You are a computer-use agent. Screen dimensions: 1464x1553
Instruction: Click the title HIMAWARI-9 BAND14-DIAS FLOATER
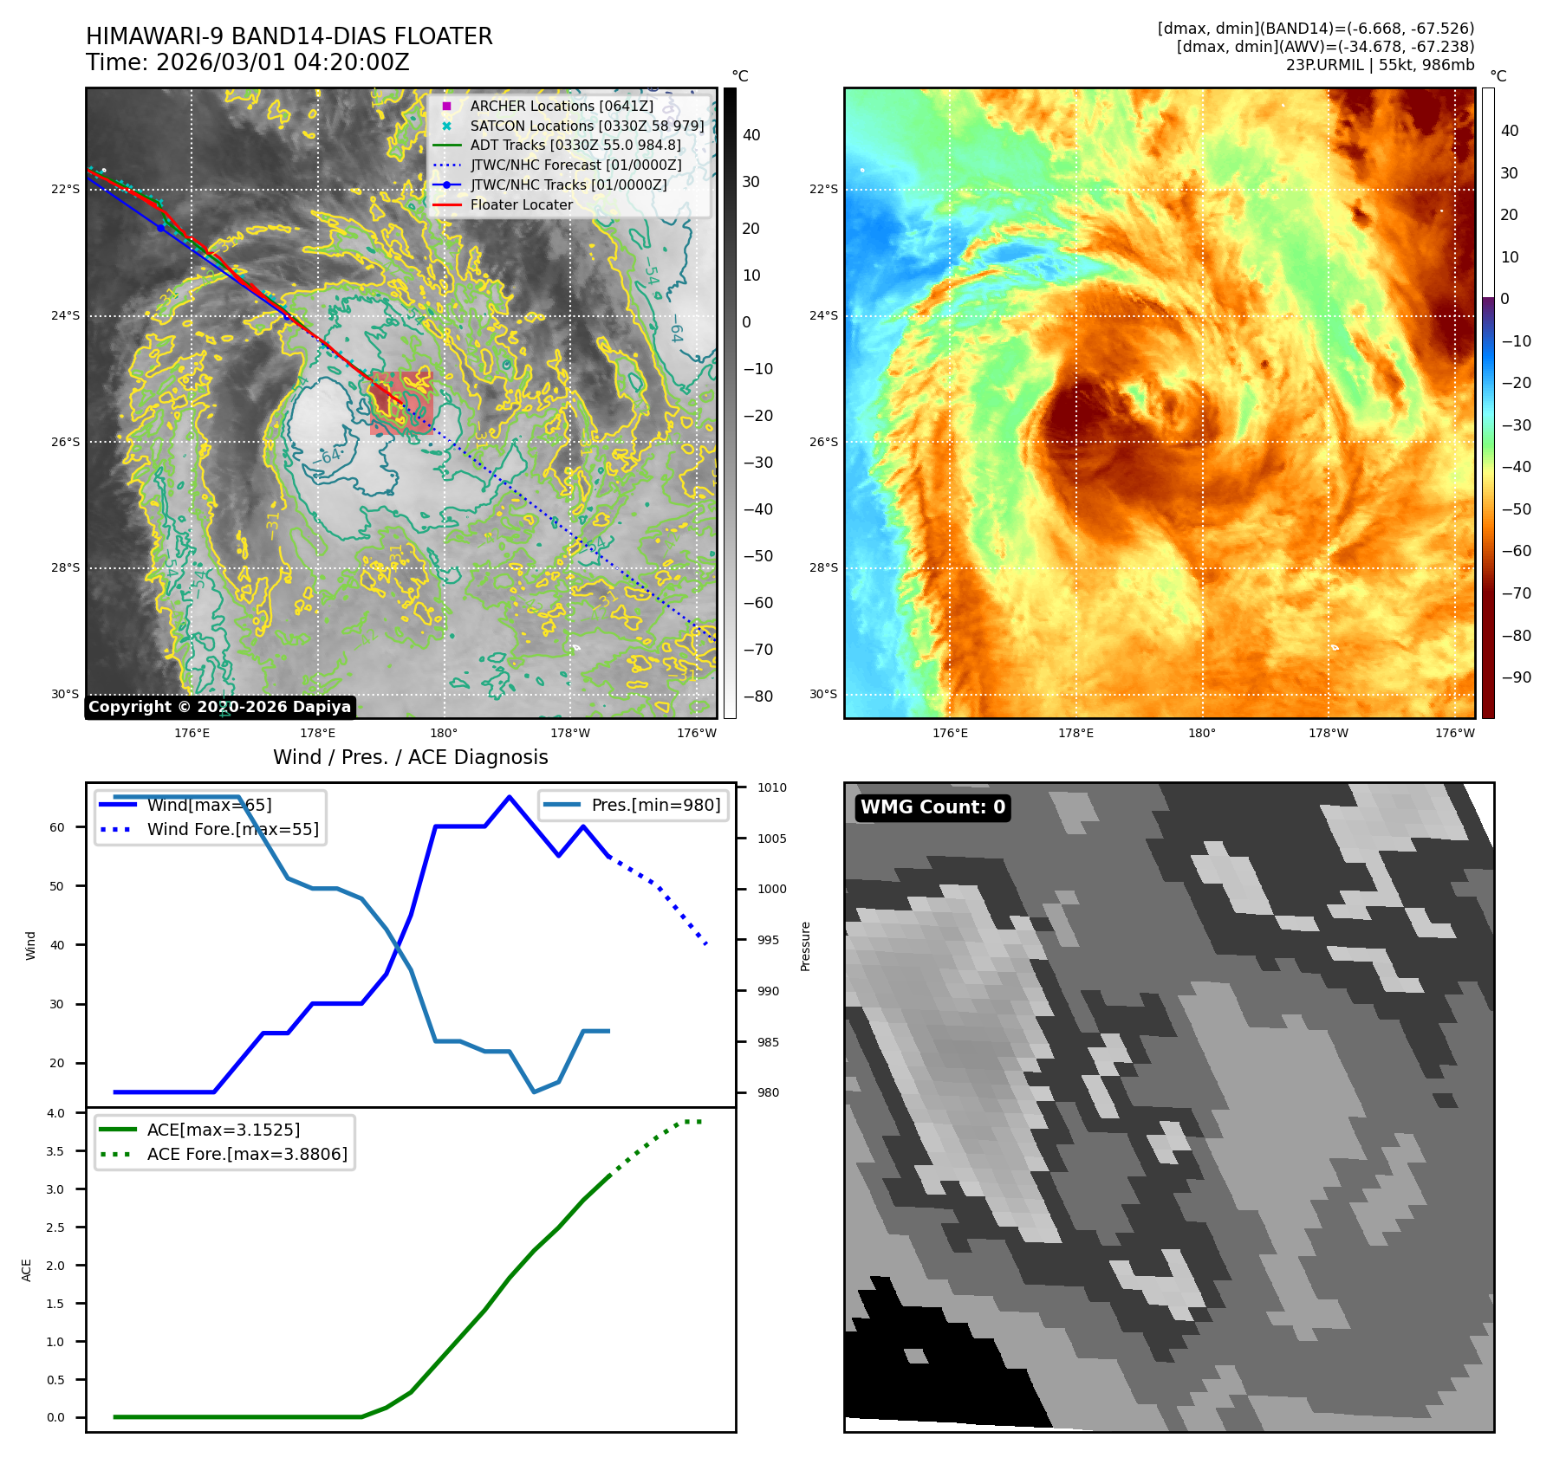click(x=289, y=36)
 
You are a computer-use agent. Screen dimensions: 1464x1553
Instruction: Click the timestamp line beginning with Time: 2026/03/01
click(x=247, y=62)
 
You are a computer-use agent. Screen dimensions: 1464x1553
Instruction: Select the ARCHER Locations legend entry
click(x=562, y=106)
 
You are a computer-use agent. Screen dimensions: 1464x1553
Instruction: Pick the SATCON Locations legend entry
click(x=587, y=126)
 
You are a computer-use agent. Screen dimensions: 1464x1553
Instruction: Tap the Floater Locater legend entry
click(x=521, y=204)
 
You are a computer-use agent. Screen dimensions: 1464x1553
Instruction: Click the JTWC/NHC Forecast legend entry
click(x=575, y=165)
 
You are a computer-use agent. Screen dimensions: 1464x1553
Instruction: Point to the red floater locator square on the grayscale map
click(x=401, y=403)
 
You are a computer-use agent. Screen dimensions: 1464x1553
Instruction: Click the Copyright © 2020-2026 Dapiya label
click(x=219, y=707)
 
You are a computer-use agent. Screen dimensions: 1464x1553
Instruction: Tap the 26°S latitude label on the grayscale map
click(x=65, y=442)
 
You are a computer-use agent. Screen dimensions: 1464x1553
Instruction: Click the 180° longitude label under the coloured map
click(x=1201, y=733)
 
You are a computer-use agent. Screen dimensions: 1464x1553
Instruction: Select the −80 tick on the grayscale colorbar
click(x=757, y=696)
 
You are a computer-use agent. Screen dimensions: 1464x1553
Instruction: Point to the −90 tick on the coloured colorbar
click(x=1516, y=677)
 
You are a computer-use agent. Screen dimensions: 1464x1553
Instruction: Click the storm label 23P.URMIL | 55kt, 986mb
click(x=1380, y=65)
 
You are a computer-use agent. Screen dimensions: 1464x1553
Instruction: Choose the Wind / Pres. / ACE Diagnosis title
click(x=410, y=757)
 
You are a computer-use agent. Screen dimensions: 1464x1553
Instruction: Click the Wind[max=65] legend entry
click(x=209, y=805)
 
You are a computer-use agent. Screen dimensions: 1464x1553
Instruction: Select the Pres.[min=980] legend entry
click(x=655, y=805)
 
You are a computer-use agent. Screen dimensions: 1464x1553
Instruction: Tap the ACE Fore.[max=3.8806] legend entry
click(x=247, y=1154)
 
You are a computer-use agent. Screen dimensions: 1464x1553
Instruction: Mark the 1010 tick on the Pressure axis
click(x=771, y=787)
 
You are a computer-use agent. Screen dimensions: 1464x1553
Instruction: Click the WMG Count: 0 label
click(x=932, y=807)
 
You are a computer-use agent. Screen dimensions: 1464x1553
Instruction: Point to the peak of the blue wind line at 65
click(x=510, y=796)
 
